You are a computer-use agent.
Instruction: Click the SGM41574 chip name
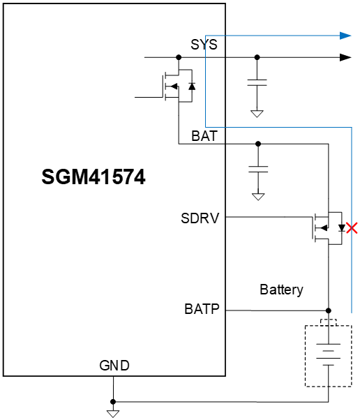pyautogui.click(x=93, y=177)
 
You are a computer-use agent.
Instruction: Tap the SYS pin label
pyautogui.click(x=204, y=45)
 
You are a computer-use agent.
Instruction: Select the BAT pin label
pyautogui.click(x=204, y=136)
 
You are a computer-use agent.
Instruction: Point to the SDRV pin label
pyautogui.click(x=200, y=218)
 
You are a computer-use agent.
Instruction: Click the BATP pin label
pyautogui.click(x=202, y=308)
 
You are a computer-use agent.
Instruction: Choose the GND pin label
pyautogui.click(x=114, y=366)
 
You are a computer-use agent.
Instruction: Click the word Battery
pyautogui.click(x=281, y=290)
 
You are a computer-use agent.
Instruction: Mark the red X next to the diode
pyautogui.click(x=352, y=227)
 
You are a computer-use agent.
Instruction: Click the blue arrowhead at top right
pyautogui.click(x=345, y=35)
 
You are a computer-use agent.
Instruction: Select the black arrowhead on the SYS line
pyautogui.click(x=345, y=57)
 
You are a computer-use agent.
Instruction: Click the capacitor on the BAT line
pyautogui.click(x=257, y=169)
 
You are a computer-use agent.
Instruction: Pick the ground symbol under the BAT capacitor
pyautogui.click(x=257, y=197)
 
